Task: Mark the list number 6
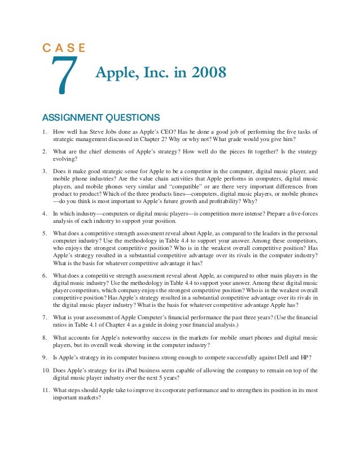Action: pos(45,275)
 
